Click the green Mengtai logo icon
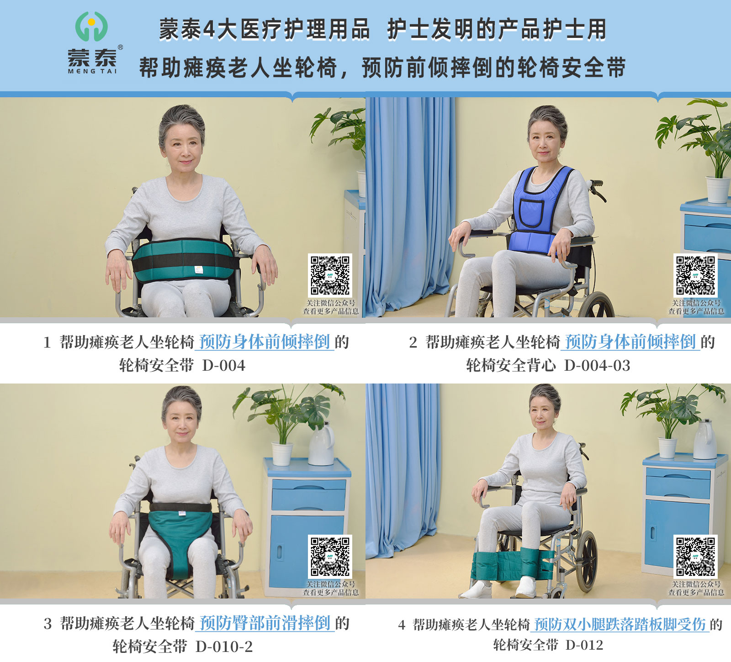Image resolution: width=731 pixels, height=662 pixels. [x=91, y=26]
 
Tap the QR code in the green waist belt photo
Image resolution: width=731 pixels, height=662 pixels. [x=330, y=275]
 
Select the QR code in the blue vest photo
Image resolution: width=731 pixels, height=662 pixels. [x=695, y=275]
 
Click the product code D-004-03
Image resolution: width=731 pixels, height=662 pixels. [x=597, y=366]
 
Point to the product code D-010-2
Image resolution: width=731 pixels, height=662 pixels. [x=224, y=646]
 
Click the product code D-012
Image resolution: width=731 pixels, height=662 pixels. [x=584, y=645]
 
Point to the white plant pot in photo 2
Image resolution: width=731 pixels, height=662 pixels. [x=717, y=189]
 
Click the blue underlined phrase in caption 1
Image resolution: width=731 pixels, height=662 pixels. [x=264, y=342]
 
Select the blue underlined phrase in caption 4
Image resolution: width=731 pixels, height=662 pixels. [x=620, y=624]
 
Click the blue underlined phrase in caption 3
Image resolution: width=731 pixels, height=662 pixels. [x=265, y=623]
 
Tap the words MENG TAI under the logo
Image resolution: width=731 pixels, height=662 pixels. [x=92, y=71]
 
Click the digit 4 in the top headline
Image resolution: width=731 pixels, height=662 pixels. [x=209, y=30]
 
